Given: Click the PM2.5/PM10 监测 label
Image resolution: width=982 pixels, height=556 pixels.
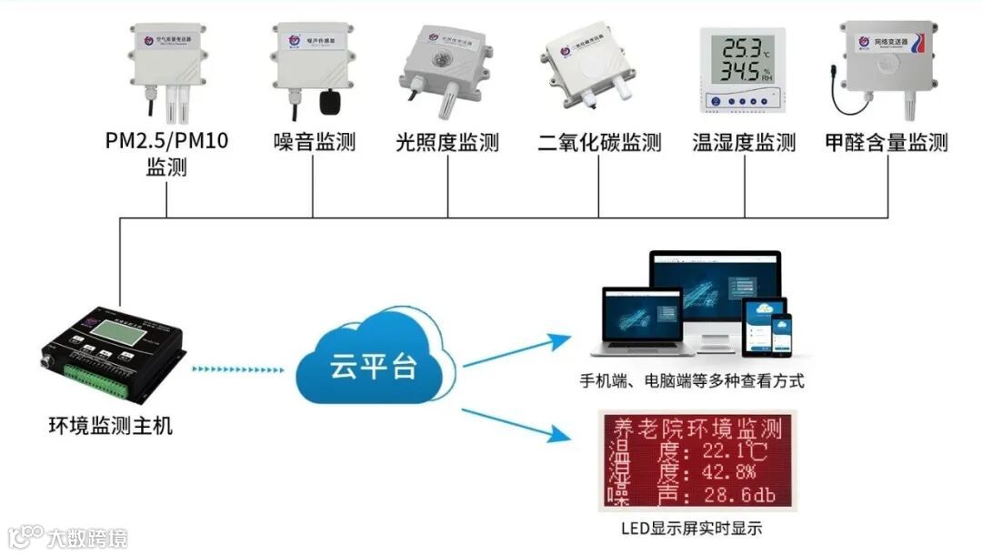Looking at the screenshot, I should coord(166,155).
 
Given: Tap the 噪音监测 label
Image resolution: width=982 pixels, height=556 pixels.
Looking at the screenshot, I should coord(314,143).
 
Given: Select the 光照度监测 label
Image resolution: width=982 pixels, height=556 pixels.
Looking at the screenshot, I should coord(447,143).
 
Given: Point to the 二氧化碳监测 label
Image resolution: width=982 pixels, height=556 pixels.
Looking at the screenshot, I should coord(599,144).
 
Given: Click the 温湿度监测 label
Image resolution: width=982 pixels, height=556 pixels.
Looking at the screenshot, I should coord(744,143).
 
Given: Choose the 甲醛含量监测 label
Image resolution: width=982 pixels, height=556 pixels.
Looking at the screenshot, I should coord(886,143).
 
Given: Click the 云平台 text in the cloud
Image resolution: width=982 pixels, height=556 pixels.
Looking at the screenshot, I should coord(374,366).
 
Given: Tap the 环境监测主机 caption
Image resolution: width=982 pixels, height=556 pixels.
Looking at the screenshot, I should coord(110,425).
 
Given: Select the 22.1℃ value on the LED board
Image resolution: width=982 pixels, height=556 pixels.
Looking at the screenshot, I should coord(727,450).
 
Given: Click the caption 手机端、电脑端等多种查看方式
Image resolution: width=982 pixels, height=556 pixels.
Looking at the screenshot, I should coord(692,380).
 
